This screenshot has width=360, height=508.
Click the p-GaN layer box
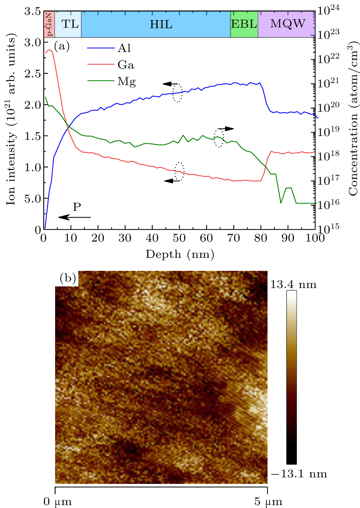pyautogui.click(x=49, y=24)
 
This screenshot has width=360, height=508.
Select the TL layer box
pyautogui.click(x=68, y=24)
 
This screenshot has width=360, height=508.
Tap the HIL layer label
pyautogui.click(x=161, y=24)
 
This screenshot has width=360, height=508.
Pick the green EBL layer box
pyautogui.click(x=244, y=24)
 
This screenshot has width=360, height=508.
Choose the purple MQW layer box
pyautogui.click(x=287, y=24)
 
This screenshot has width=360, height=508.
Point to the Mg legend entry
pyautogui.click(x=111, y=82)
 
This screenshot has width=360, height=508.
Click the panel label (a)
pyautogui.click(x=61, y=46)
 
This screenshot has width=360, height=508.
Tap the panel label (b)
pyautogui.click(x=68, y=278)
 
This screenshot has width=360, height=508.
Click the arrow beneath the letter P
pyautogui.click(x=75, y=217)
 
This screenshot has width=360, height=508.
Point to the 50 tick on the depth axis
pyautogui.click(x=179, y=238)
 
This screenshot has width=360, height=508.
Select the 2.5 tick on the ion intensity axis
pyautogui.click(x=33, y=73)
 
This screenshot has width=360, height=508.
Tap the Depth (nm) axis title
pyautogui.click(x=179, y=254)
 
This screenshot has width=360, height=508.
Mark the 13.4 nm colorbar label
pyautogui.click(x=294, y=284)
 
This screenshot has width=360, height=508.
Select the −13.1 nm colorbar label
pyautogui.click(x=299, y=474)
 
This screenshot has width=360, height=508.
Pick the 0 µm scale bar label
pyautogui.click(x=58, y=502)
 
